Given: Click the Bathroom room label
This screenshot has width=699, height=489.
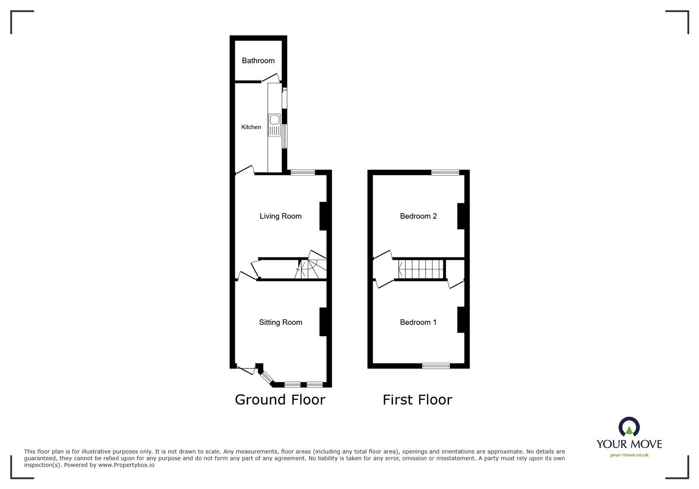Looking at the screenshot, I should coord(258,61).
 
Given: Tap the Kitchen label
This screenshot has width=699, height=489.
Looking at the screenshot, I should coord(251,127).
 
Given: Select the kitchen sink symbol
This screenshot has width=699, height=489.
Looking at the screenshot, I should coord(274,125).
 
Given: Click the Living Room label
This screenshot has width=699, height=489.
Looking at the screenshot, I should coord(280,216).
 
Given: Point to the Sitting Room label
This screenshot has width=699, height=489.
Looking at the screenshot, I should coord(280,323).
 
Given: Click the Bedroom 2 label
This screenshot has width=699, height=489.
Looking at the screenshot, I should coord(418,216).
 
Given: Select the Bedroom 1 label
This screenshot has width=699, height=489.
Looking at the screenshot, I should coord(418,323).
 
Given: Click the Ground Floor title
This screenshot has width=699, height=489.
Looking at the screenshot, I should coord(280,400).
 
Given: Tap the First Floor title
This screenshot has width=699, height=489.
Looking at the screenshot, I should coord(417,400).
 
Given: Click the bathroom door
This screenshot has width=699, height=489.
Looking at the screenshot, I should coord(270,78).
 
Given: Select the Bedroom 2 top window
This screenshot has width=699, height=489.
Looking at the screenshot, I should coord(445,173).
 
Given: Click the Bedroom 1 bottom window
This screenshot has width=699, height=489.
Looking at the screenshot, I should coord(436,366).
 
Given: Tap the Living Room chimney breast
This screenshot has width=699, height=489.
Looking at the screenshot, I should coord(324,216).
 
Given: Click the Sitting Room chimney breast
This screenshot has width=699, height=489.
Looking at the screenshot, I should coord(324,323).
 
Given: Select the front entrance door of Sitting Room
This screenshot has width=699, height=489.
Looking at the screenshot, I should coord(246,371).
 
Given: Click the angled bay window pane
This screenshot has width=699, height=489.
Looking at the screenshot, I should coord(266,377).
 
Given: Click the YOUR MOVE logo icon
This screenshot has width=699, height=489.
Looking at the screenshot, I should coord(629,427).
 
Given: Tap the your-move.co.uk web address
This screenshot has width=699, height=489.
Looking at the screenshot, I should coord(629,455).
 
